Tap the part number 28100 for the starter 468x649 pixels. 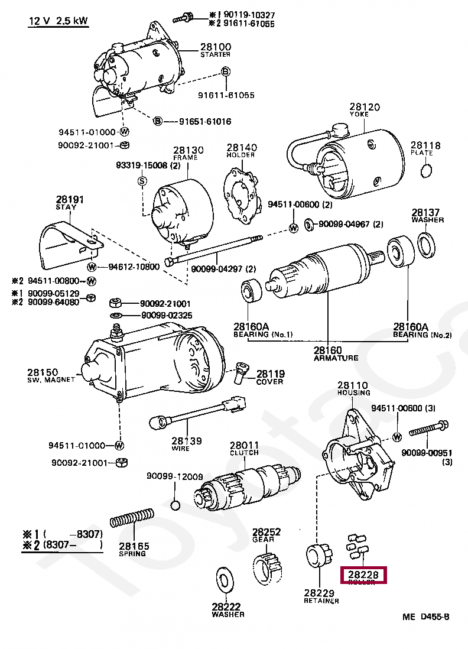click(215, 47)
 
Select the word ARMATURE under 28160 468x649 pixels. click(336, 358)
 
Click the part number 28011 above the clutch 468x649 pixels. click(245, 445)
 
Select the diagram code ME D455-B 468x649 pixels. click(426, 617)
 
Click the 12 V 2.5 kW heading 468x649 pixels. click(58, 21)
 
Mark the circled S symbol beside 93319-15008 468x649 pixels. click(142, 181)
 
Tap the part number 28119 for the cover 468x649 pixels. click(271, 374)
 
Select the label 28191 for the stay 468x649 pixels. click(70, 200)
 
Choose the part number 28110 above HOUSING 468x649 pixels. click(353, 385)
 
